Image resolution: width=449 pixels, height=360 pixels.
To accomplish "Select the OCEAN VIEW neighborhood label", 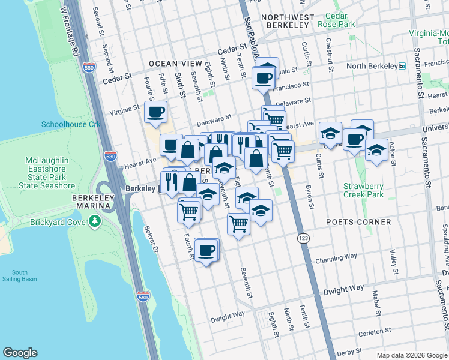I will click(175, 64).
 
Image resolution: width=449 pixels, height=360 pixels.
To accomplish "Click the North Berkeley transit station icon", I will click(402, 66).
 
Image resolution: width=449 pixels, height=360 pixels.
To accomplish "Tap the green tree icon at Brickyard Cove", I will click(94, 223).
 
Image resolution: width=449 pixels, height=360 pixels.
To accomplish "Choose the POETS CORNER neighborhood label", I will click(358, 222).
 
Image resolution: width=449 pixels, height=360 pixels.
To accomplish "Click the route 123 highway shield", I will click(303, 238).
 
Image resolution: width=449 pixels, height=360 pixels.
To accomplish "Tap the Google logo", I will click(20, 352).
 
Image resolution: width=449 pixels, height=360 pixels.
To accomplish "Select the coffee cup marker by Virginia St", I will click(156, 112).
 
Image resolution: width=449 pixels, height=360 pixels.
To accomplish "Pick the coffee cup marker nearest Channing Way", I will click(206, 250).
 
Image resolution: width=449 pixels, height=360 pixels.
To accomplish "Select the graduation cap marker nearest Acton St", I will click(376, 150).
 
